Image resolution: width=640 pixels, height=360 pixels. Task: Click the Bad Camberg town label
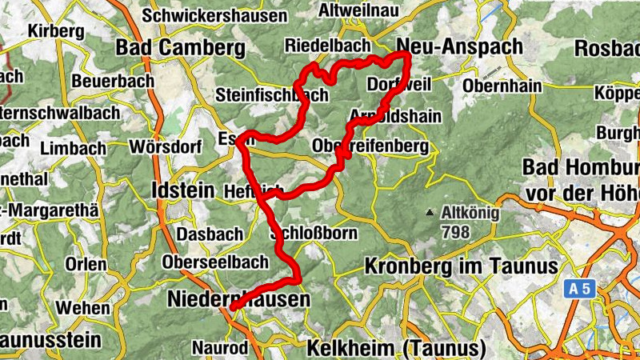180,48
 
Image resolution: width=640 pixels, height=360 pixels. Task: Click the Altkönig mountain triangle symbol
430,214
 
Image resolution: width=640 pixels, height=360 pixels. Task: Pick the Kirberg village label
55,31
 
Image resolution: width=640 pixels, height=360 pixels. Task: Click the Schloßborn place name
314,234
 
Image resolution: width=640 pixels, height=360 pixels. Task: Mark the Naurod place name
216,348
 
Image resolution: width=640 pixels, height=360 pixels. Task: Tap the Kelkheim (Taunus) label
396,348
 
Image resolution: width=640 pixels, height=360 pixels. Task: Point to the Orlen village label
86,264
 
